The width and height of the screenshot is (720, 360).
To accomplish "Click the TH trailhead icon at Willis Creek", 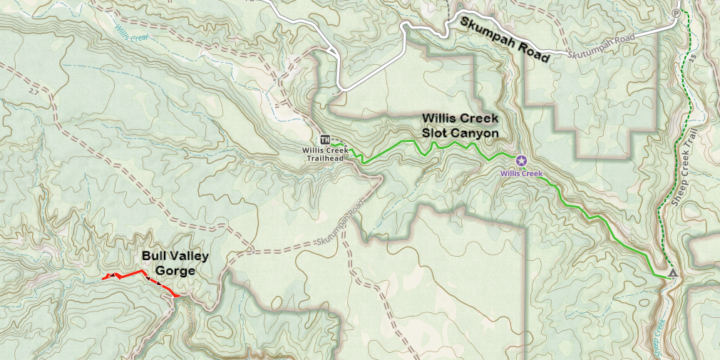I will tap(324, 139).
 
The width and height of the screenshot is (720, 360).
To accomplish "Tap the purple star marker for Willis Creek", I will tap(520, 160).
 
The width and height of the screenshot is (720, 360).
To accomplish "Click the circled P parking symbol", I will tap(676, 14).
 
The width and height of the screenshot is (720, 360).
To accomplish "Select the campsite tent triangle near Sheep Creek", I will tap(673, 273).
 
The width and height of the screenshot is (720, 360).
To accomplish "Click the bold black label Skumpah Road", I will tap(505, 41).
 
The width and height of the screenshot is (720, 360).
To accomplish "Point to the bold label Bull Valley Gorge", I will tap(168, 262).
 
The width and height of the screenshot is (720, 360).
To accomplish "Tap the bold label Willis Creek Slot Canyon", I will tap(460, 125).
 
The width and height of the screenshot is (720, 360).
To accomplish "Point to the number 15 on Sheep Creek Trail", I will tap(691, 56).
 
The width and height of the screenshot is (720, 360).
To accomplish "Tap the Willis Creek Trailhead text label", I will tap(325, 153).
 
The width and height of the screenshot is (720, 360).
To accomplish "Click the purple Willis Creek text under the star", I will tap(521, 173).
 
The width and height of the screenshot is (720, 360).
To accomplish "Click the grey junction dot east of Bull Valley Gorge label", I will tap(253, 252).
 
